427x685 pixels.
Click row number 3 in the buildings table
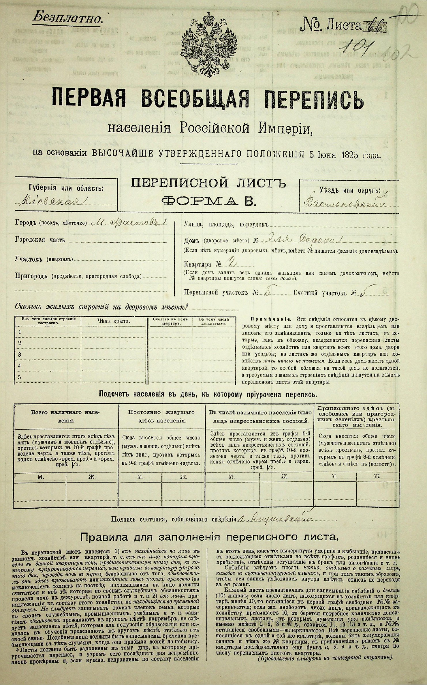(20, 354)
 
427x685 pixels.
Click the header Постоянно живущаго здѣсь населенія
(161, 416)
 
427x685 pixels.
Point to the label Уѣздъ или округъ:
(349, 190)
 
